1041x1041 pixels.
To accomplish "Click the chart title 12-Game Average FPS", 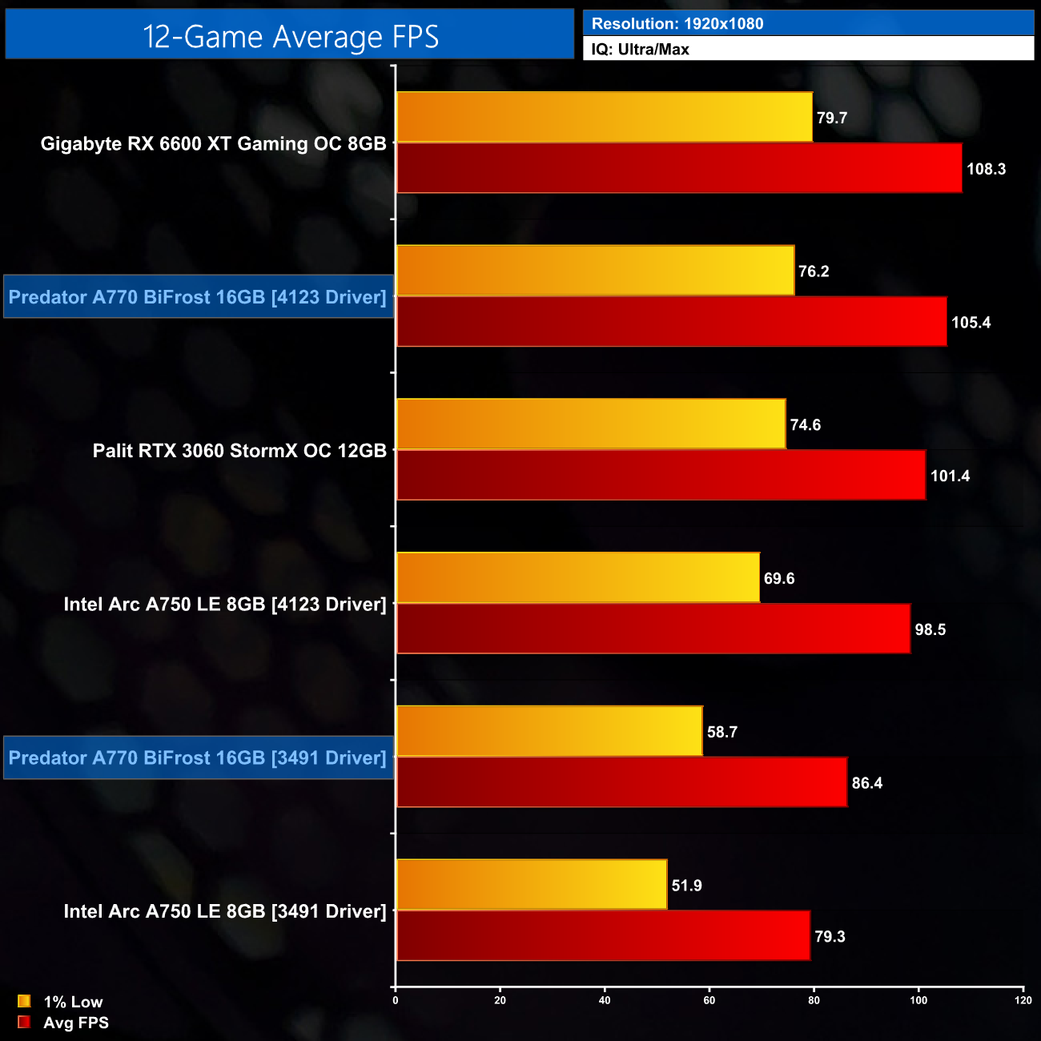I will (x=290, y=37).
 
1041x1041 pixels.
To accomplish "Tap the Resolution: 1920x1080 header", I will (x=677, y=24).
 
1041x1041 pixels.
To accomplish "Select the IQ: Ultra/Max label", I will (x=641, y=50).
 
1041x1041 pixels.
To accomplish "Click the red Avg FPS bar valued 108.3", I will (x=679, y=168).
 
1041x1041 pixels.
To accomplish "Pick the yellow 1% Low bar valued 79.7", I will (x=605, y=118).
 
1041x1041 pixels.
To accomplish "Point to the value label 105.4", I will (x=971, y=323).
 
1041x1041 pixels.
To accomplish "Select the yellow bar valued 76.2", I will (x=595, y=271).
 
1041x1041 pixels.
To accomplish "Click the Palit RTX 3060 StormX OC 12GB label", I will (x=239, y=451).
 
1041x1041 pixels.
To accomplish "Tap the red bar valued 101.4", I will (x=661, y=476).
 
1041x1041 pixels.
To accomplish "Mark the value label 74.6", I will (x=805, y=425).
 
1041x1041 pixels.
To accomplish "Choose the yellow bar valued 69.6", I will (x=578, y=578).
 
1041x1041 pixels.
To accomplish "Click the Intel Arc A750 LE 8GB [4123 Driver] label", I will (x=225, y=605).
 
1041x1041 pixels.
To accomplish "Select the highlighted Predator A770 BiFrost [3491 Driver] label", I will (x=198, y=758).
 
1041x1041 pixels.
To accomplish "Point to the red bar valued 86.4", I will (x=621, y=782).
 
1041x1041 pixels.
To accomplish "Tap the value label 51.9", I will (x=686, y=886).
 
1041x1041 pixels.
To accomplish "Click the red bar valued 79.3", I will (x=603, y=936).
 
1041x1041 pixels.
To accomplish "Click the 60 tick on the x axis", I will (x=709, y=1000).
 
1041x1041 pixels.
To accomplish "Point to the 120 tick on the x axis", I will (x=1023, y=1000).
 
